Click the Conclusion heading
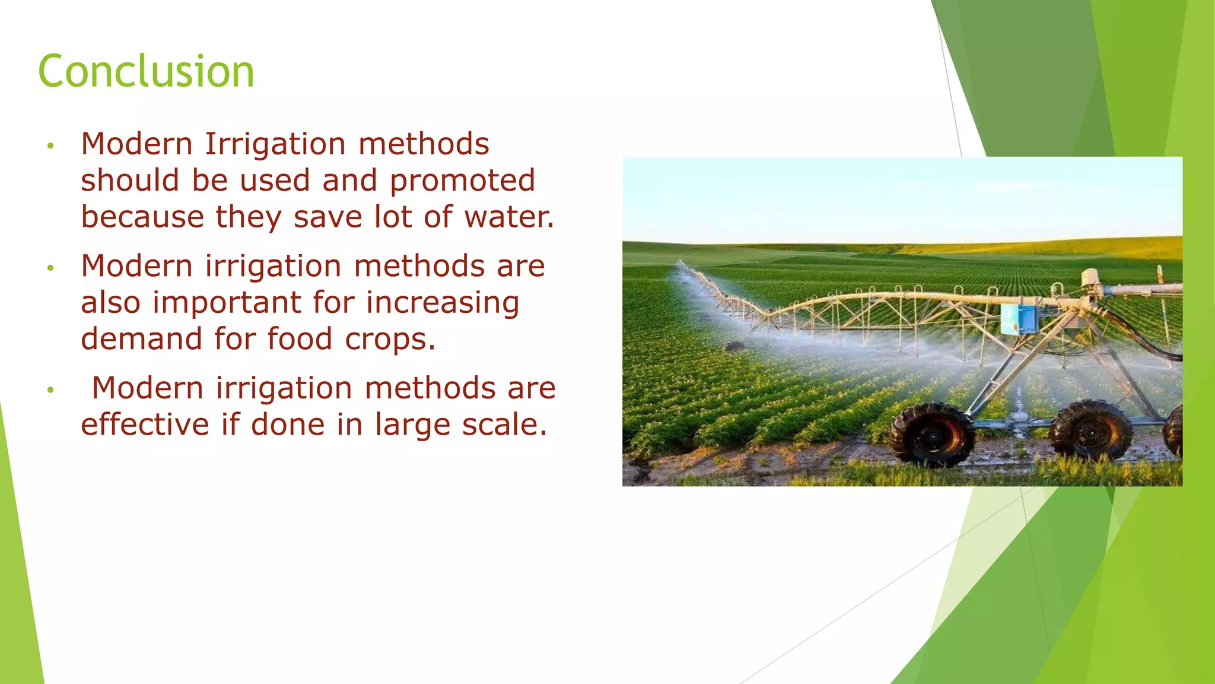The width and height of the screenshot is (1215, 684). (146, 71)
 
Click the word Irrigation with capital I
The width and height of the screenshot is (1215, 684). (275, 144)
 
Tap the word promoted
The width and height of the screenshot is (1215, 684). (462, 180)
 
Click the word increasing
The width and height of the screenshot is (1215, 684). (443, 303)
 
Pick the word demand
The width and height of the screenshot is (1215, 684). (141, 339)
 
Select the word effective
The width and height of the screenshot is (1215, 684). (145, 425)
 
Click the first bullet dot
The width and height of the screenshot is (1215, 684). (51, 145)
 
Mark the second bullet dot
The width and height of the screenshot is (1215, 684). (51, 268)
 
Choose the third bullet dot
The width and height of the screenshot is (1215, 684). (51, 389)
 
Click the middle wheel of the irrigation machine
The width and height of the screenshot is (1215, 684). (1090, 430)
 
